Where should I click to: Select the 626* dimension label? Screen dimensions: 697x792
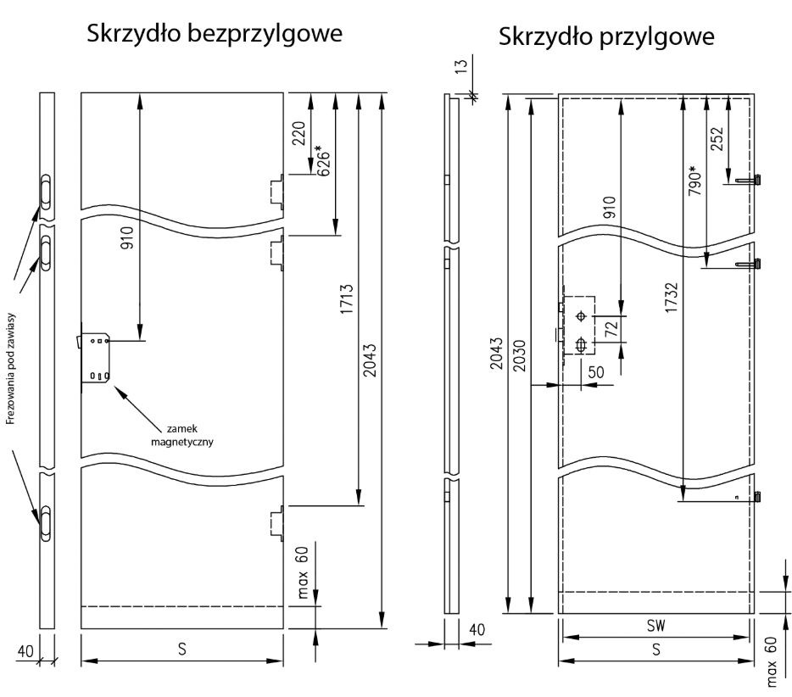(322, 159)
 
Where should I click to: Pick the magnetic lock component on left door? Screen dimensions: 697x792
(96, 357)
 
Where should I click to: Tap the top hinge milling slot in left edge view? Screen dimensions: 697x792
(46, 191)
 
